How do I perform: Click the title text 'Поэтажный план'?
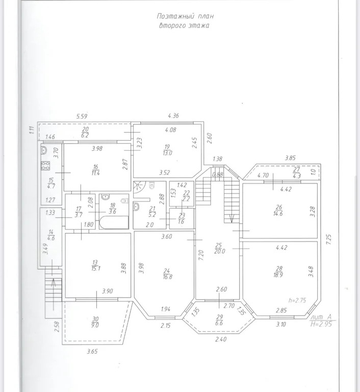(185, 16)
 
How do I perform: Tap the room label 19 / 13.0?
(167, 150)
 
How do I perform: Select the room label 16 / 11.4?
(95, 170)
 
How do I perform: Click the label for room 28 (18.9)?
(279, 272)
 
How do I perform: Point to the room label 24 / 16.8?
(167, 274)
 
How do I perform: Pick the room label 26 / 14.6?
(278, 210)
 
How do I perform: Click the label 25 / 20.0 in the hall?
(220, 248)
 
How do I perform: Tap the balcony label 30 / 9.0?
(95, 322)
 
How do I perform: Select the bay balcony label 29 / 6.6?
(219, 320)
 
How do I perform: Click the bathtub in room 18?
(114, 222)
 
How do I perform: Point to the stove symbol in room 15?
(45, 165)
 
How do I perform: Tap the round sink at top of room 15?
(44, 150)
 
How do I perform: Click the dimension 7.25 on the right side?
(328, 239)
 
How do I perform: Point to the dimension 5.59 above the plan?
(82, 116)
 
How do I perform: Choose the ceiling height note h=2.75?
(297, 300)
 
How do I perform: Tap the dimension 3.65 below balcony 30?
(92, 352)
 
